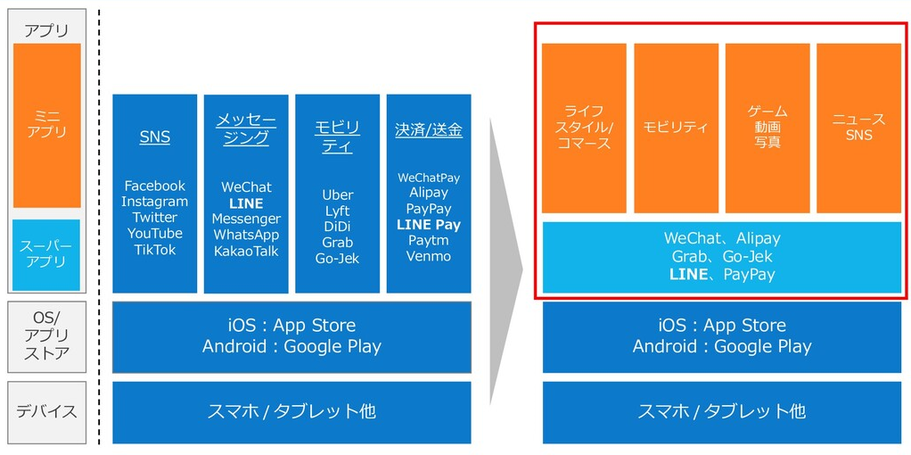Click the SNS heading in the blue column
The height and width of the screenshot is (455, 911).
coord(154,137)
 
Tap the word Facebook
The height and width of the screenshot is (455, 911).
coord(154,186)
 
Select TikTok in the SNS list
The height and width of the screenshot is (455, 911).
coord(154,250)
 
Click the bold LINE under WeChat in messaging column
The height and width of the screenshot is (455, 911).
coord(246,203)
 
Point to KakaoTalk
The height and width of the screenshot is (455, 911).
coord(246,252)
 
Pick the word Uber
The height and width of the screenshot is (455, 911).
coord(337,194)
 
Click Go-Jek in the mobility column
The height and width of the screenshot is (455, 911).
coord(337,259)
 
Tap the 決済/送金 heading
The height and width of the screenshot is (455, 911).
coord(429,130)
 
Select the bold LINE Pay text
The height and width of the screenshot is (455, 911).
coord(429,225)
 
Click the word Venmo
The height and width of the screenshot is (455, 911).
coord(429,257)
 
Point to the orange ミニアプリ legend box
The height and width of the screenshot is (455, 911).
coord(46,125)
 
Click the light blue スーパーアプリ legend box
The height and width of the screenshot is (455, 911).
coord(46,254)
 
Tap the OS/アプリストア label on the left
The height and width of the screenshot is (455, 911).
coord(46,336)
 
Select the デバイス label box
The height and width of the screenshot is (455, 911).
coord(46,412)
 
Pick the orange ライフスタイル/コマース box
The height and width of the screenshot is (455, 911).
coord(584,128)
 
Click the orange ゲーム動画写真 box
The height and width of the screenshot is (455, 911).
coord(767,128)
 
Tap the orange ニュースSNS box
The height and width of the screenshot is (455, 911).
coord(858,128)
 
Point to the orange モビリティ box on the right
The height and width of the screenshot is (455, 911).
coord(676,128)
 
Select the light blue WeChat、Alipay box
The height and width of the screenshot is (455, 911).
coord(722,257)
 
